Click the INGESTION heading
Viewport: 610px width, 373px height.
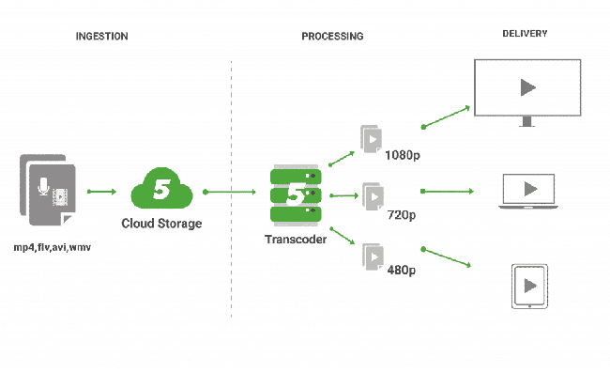pyautogui.click(x=101, y=36)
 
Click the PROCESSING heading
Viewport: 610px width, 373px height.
pyautogui.click(x=332, y=36)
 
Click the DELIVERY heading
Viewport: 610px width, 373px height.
pyautogui.click(x=525, y=34)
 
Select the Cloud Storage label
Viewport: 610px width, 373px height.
pyautogui.click(x=161, y=224)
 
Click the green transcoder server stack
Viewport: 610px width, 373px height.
pyautogui.click(x=296, y=195)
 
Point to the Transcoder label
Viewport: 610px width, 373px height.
pyautogui.click(x=296, y=241)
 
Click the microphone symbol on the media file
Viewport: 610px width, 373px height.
pyautogui.click(x=42, y=187)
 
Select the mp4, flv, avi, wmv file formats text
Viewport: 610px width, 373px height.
pyautogui.click(x=53, y=246)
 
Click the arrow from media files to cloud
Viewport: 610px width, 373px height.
pyautogui.click(x=101, y=194)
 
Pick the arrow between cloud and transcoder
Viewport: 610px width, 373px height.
pyautogui.click(x=230, y=194)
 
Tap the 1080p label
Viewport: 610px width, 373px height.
pyautogui.click(x=402, y=155)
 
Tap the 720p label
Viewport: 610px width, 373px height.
pyautogui.click(x=402, y=215)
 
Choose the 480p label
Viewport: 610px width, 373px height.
pyautogui.click(x=402, y=271)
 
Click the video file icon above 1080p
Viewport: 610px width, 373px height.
pyautogui.click(x=372, y=139)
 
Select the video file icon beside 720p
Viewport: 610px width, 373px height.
pyautogui.click(x=373, y=195)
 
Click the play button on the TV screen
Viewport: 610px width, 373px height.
pyautogui.click(x=527, y=87)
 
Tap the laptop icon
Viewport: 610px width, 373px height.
pyautogui.click(x=528, y=191)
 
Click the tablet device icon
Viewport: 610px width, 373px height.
pyautogui.click(x=528, y=286)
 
